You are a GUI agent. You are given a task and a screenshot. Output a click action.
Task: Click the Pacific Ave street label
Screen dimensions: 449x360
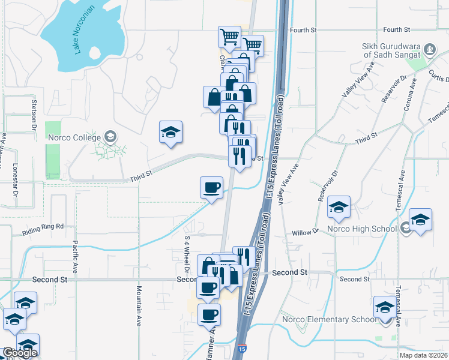(x=76, y=257)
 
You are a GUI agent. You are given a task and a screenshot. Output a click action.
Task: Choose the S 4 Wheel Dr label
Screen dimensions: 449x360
(x=187, y=252)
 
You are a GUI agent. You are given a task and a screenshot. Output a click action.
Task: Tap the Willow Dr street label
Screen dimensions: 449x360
(x=307, y=232)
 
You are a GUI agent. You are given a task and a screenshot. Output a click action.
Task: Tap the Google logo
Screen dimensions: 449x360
(x=20, y=353)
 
